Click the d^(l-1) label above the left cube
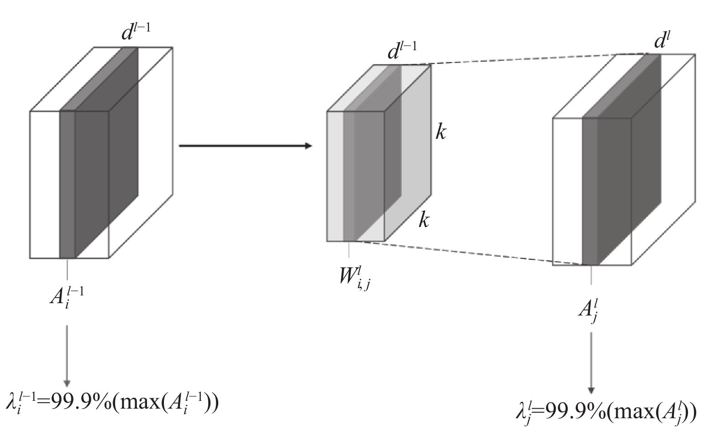(136, 32)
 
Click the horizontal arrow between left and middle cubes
(246, 146)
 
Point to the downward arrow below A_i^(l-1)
(67, 356)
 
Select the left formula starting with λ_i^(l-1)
(112, 404)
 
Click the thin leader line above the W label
(349, 249)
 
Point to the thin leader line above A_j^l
(591, 275)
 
